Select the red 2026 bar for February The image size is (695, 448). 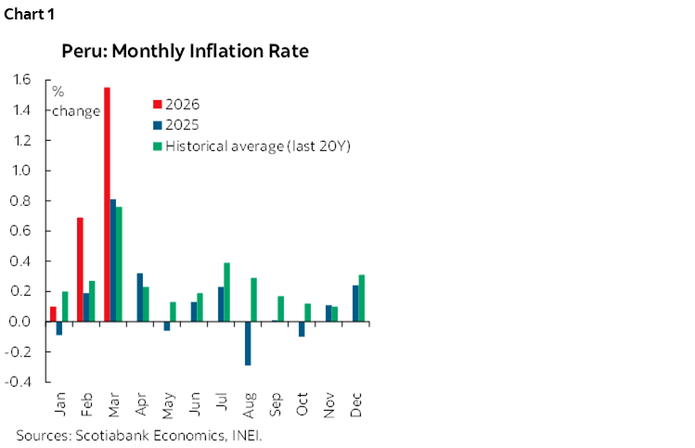[80, 269]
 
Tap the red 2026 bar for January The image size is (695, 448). [53, 314]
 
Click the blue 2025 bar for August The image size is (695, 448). [248, 343]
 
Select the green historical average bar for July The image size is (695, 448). [226, 292]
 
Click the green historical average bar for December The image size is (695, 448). [362, 298]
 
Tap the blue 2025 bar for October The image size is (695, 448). [302, 328]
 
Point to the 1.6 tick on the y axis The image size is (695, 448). [19, 80]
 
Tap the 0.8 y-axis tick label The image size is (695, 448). [19, 200]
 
